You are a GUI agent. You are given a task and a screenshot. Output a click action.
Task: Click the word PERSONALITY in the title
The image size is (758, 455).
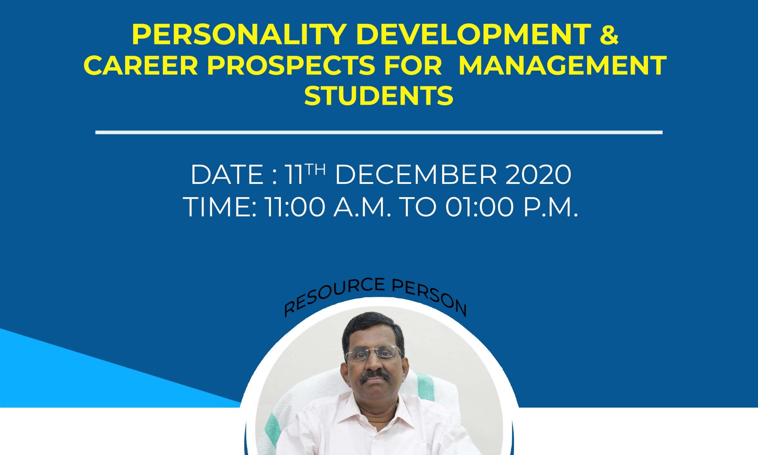pyautogui.click(x=238, y=35)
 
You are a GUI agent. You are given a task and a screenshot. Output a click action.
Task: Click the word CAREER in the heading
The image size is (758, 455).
pyautogui.click(x=141, y=65)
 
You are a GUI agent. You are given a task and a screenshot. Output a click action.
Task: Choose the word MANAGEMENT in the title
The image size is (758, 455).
pyautogui.click(x=562, y=65)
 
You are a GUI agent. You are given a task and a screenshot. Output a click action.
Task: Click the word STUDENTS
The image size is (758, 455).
pyautogui.click(x=379, y=96)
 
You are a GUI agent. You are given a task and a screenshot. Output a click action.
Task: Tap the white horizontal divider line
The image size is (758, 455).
pyautogui.click(x=379, y=132)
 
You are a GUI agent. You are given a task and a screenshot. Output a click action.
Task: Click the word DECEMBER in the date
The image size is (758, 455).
pyautogui.click(x=415, y=175)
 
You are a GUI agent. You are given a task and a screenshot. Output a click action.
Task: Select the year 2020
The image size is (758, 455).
pyautogui.click(x=538, y=175)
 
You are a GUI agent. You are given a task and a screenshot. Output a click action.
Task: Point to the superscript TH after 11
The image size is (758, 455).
pyautogui.click(x=315, y=169)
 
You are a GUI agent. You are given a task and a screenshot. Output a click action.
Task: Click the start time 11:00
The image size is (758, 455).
pyautogui.click(x=294, y=207)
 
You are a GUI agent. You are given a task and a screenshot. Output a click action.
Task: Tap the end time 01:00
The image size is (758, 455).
pyautogui.click(x=479, y=207)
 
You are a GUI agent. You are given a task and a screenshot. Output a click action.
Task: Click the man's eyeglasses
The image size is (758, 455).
pyautogui.click(x=373, y=354)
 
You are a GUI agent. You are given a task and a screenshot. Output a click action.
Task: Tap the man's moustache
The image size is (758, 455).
pyautogui.click(x=375, y=376)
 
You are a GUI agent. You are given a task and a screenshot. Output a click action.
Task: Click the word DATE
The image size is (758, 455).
pyautogui.click(x=227, y=175)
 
